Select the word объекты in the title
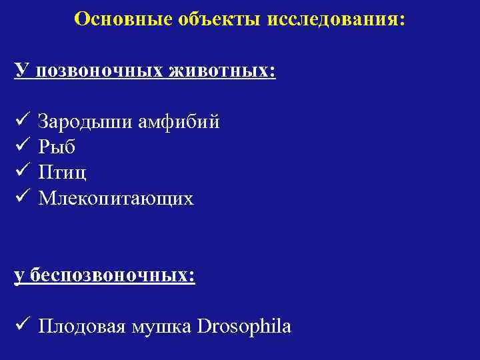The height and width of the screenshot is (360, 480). click(x=216, y=19)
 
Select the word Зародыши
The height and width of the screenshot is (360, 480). click(x=84, y=122)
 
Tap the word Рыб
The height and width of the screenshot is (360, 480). click(x=57, y=147)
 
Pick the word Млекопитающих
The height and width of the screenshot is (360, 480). click(x=116, y=198)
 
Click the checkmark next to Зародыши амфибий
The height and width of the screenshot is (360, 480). click(x=21, y=121)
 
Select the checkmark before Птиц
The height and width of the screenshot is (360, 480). click(x=21, y=172)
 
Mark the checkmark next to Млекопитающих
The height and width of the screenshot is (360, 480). click(x=21, y=197)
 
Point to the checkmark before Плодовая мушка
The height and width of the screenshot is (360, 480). click(x=21, y=326)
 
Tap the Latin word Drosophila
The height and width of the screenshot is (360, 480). click(x=245, y=327)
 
